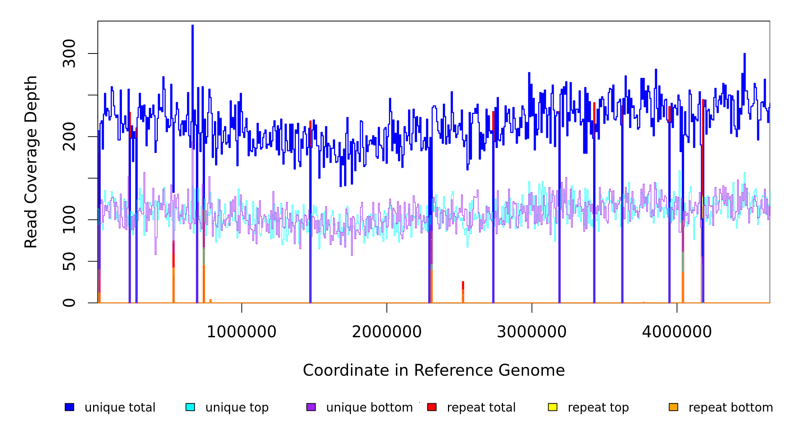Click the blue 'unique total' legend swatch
click(69, 407)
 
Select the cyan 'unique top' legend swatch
click(190, 407)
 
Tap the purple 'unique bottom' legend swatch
click(311, 407)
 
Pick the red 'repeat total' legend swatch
click(432, 407)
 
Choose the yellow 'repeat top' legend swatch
click(553, 407)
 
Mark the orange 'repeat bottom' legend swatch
click(673, 407)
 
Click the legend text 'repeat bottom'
click(731, 408)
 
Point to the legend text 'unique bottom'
click(369, 408)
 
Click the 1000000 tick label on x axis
click(242, 332)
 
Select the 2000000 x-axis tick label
click(387, 332)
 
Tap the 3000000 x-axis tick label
click(532, 332)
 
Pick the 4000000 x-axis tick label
click(677, 332)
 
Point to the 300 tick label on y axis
click(69, 54)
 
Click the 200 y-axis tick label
click(69, 136)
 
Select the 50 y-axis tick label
click(69, 261)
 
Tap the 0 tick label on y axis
click(69, 303)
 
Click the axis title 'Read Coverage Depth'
click(31, 162)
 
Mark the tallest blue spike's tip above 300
click(193, 26)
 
